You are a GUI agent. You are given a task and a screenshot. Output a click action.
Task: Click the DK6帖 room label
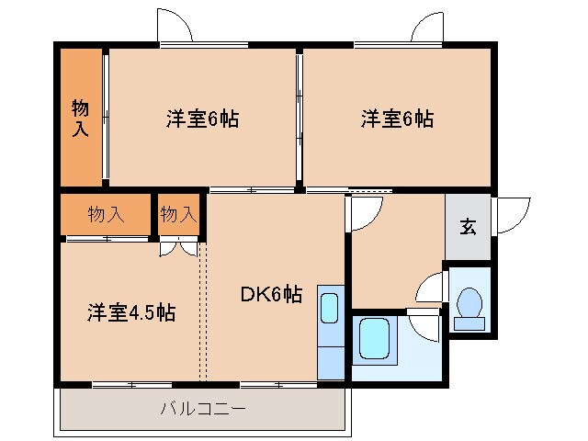click(271, 295)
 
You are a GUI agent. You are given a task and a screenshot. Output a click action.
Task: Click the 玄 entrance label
click(469, 227)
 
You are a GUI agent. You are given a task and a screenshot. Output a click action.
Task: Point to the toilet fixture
click(470, 306)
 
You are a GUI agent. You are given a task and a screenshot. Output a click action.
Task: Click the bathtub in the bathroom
click(377, 340)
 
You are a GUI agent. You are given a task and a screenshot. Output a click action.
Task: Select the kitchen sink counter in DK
click(330, 331)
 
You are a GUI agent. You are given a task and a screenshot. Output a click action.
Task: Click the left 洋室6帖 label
click(203, 119)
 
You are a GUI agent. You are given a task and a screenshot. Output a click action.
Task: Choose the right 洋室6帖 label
click(397, 119)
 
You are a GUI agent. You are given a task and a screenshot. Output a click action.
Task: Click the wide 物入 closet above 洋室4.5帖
click(106, 215)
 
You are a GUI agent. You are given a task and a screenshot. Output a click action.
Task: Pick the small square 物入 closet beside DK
click(178, 215)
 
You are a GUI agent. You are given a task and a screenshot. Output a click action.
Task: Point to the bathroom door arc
click(424, 323)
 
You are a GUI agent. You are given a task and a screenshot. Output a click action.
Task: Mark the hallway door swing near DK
click(362, 213)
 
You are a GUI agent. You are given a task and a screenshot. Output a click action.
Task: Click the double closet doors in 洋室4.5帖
click(178, 246)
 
